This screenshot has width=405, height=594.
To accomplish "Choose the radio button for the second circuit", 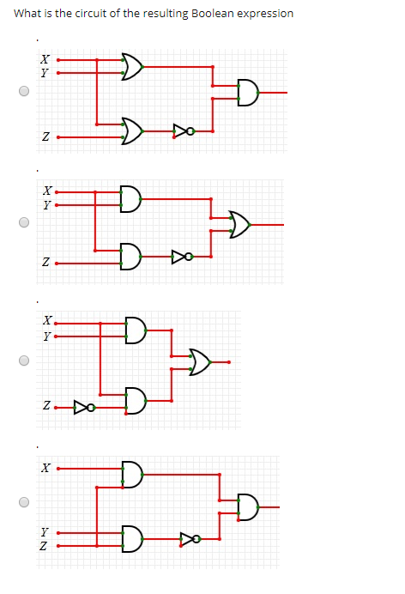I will [24, 222].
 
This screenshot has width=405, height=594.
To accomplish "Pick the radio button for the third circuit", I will [24, 361].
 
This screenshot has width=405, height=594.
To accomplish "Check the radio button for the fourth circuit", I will [24, 502].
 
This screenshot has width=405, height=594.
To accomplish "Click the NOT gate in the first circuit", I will [183, 131].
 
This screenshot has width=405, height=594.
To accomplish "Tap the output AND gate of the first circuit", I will [246, 92].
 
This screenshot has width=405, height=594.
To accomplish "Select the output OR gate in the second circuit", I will [239, 224].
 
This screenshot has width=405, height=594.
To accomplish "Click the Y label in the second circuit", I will [45, 205].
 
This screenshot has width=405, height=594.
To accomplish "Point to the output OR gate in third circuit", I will [200, 362].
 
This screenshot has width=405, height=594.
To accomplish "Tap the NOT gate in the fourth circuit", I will [190, 539].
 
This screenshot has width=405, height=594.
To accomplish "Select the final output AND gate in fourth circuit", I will [247, 507].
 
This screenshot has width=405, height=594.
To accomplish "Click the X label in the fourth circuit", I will [45, 469].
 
